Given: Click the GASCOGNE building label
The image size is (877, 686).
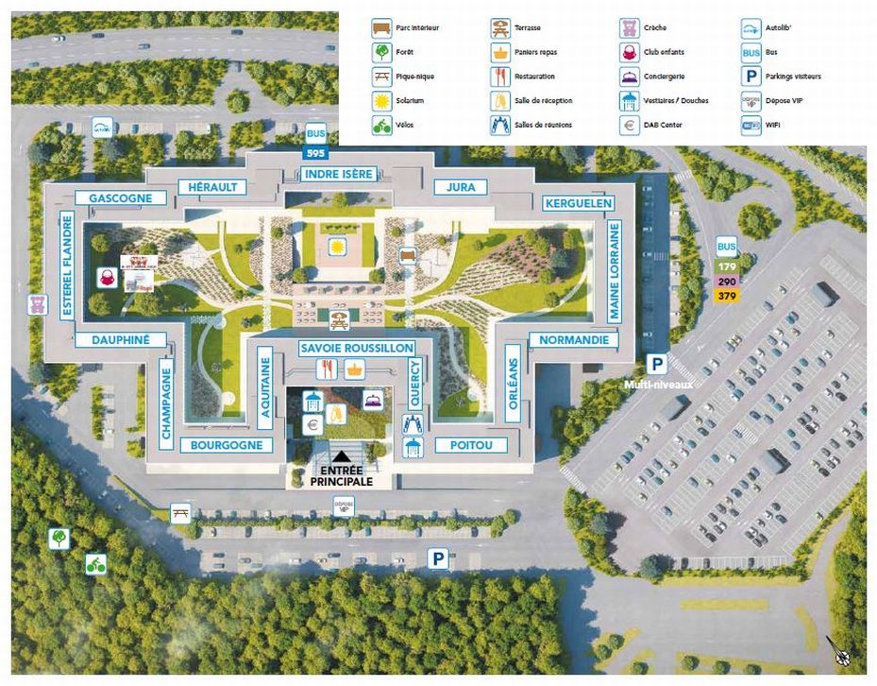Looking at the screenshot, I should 121,198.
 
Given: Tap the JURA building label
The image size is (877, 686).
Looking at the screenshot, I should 461,187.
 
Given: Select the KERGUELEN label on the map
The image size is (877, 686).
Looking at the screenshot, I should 579,203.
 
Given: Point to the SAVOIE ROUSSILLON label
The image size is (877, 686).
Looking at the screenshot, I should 357,349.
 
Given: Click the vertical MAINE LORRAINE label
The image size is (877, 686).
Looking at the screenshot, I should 615,270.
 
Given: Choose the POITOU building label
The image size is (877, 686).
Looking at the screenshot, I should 472,445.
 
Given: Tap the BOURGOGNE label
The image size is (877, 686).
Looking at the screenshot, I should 231,445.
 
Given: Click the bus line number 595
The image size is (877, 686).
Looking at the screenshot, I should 314,152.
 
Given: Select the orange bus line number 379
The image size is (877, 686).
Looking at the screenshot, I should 727,296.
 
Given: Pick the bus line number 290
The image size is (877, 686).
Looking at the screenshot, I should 727,282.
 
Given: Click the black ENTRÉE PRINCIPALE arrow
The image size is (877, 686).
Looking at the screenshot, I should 340,456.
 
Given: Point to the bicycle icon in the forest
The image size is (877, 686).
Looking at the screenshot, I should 95,564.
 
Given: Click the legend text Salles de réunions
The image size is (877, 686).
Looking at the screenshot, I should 543,125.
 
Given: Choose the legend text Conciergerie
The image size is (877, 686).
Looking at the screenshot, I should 665,77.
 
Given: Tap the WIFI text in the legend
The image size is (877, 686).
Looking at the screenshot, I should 774,125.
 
